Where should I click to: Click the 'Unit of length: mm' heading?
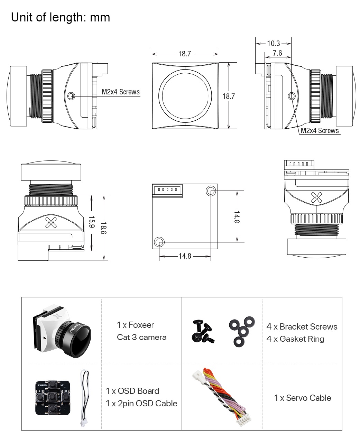[x=61, y=17]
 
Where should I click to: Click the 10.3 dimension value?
[x=273, y=43]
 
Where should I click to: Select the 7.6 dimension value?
[x=277, y=53]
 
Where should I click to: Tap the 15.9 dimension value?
[x=92, y=222]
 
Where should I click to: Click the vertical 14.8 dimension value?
[x=237, y=216]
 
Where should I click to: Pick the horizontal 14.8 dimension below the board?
[x=185, y=256]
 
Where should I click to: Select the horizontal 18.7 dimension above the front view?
[x=185, y=54]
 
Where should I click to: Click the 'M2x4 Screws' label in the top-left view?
[x=121, y=92]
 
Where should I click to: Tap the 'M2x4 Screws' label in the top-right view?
[x=320, y=130]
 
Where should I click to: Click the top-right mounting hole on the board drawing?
[x=211, y=190]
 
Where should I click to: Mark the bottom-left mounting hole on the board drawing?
[x=159, y=241]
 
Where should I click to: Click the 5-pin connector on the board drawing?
[x=167, y=190]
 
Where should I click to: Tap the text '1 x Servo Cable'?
[x=302, y=398]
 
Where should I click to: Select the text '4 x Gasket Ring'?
[x=295, y=339]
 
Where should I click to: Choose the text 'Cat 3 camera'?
[x=141, y=337]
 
